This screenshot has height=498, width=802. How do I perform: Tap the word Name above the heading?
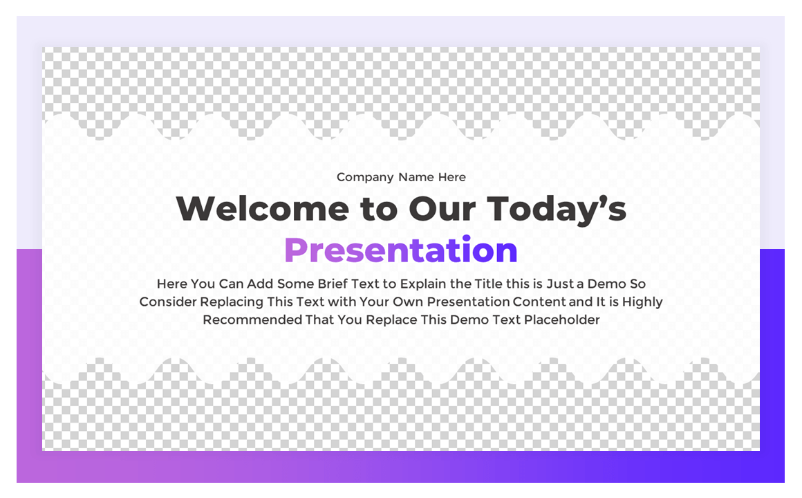(x=416, y=178)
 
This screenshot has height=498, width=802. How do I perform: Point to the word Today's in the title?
(x=557, y=209)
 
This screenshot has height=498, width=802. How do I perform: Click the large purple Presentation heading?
(x=401, y=250)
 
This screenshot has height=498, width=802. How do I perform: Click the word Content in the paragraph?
(x=539, y=302)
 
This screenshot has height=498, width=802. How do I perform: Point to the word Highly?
(x=642, y=302)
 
